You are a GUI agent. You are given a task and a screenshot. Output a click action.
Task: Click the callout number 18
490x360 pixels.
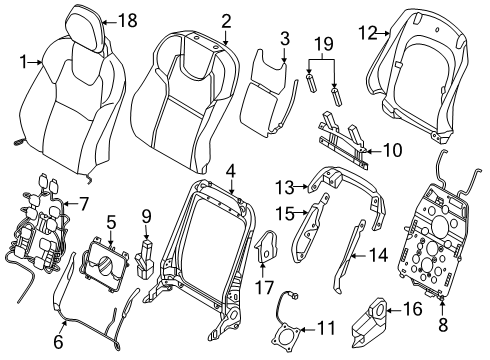[x=128, y=21]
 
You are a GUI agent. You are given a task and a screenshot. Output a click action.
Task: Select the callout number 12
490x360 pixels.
[x=368, y=33]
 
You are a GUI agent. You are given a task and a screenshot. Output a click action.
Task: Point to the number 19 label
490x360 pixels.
[x=324, y=44]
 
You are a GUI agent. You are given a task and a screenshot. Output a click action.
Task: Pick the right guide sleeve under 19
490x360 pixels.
[x=335, y=98]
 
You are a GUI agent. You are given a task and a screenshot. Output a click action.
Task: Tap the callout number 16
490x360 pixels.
[x=412, y=309]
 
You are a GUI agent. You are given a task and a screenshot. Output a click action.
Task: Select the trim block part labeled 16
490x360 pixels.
[x=369, y=321]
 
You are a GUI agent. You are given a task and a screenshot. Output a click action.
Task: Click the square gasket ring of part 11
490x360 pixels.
[x=288, y=337]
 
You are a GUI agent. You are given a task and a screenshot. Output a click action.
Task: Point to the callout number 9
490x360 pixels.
[x=146, y=216]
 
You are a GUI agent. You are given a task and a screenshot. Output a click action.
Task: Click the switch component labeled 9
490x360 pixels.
[x=145, y=257]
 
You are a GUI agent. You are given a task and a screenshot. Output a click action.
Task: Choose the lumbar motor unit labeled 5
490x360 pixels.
[x=103, y=262]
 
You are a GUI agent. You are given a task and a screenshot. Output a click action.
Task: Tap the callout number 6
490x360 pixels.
[x=58, y=342]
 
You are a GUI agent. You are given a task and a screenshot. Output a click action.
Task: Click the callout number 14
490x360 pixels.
[x=378, y=256]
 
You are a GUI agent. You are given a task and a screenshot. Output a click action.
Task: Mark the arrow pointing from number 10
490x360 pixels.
[x=374, y=151]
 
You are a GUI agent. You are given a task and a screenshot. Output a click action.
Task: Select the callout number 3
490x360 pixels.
[x=285, y=39]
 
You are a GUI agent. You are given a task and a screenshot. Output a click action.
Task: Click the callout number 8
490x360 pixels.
[x=443, y=324]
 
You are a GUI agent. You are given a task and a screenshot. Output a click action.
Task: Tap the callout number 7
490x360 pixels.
[x=83, y=204]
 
